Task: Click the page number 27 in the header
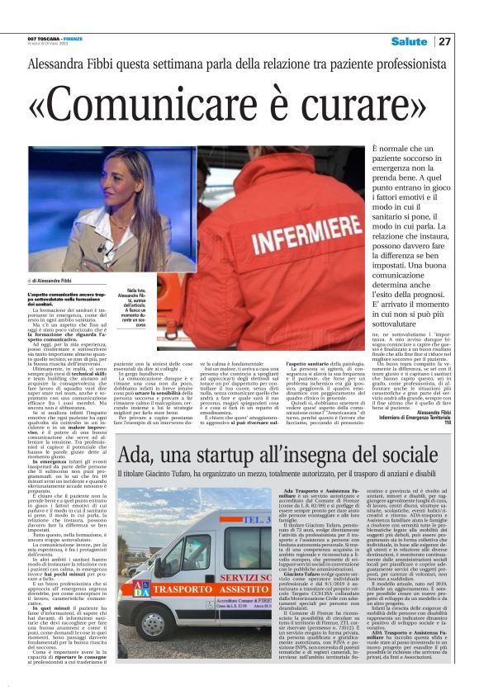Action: point(444,41)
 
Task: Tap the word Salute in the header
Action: point(410,41)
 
